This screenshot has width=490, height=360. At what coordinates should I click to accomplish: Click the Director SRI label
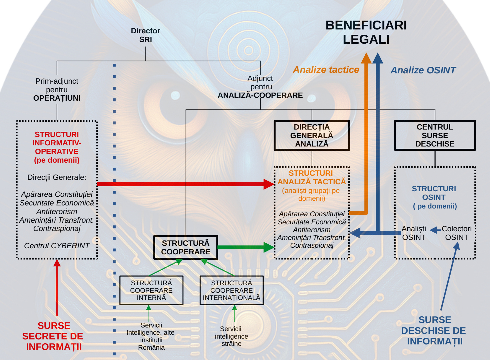tap(145, 35)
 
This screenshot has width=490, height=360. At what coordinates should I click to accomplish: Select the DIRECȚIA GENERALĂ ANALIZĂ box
tap(312, 135)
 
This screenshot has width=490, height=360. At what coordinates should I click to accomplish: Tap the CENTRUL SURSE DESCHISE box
tap(435, 135)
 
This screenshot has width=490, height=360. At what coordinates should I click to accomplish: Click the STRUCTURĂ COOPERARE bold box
tap(186, 247)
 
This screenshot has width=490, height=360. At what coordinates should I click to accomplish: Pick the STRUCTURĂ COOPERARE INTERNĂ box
tap(151, 290)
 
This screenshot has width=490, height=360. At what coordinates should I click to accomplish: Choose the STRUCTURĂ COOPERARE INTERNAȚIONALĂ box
tap(231, 290)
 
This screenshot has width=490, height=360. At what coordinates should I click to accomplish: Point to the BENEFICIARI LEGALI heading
tap(366, 32)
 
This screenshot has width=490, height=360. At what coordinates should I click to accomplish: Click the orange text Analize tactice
tap(326, 69)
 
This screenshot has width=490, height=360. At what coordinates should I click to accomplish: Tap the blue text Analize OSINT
tap(423, 70)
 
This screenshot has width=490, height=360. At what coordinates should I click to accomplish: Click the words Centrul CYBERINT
tap(57, 246)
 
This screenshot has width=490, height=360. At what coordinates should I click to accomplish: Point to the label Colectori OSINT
tap(456, 233)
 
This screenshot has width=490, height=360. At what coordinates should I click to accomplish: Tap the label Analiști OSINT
tap(414, 233)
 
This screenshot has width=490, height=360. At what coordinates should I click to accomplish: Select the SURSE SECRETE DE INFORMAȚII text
tap(53, 336)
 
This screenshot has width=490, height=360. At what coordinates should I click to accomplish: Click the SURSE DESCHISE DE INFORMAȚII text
tap(434, 331)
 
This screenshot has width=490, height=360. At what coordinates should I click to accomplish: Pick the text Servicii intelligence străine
tap(231, 336)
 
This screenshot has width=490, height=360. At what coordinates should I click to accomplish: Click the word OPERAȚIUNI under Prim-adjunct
tap(57, 98)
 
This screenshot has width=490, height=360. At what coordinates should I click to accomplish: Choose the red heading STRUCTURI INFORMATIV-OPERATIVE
tap(57, 147)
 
